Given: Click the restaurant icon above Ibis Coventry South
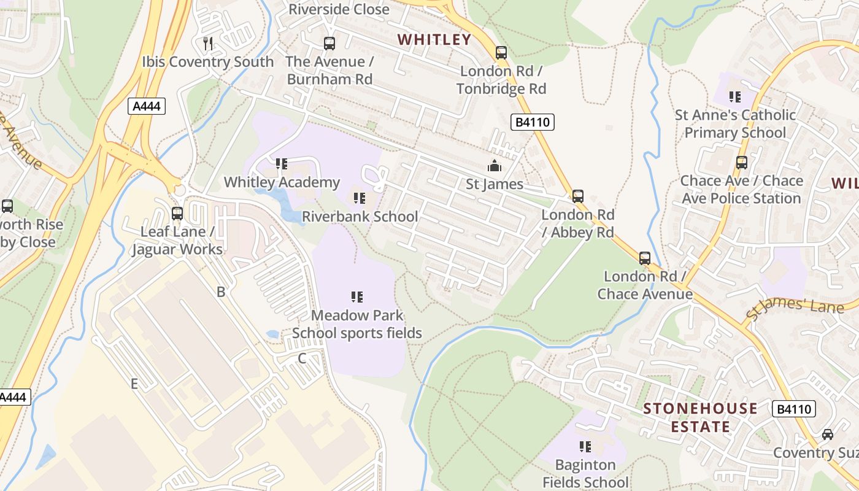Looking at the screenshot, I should (208, 44).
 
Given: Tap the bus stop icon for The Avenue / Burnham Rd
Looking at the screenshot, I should (329, 44).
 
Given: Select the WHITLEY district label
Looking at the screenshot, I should (434, 40).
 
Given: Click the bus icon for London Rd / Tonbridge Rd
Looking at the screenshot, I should (501, 53).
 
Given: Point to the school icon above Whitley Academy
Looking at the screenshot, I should (282, 164).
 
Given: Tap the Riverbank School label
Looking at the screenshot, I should (360, 217).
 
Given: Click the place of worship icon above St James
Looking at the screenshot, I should (494, 166).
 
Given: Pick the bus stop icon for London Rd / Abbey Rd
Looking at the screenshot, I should (578, 196).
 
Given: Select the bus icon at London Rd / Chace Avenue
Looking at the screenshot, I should (645, 258).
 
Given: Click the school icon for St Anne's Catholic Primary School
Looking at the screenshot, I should (734, 97).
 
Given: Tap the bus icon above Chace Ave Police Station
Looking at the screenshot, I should (742, 163).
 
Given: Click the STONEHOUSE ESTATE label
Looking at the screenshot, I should (700, 417).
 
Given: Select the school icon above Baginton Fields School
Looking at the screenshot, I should (585, 447).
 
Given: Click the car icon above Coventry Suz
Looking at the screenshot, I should (828, 435).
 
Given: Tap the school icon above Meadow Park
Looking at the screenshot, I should (357, 297).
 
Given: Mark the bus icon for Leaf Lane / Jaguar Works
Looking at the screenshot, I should (177, 214).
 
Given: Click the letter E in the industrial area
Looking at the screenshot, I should (134, 384).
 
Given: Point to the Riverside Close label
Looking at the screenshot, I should (339, 9).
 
